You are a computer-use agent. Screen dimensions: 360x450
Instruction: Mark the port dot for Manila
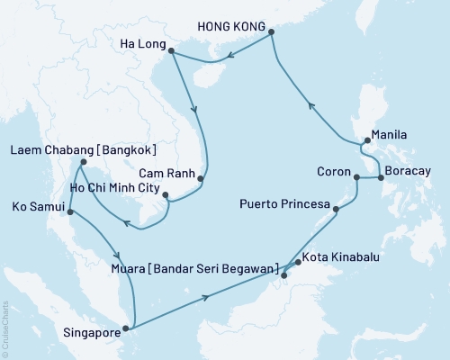(364, 141)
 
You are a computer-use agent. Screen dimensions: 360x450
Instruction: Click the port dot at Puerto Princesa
(337, 210)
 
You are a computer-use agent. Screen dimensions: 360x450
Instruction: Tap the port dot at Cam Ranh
(201, 179)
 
